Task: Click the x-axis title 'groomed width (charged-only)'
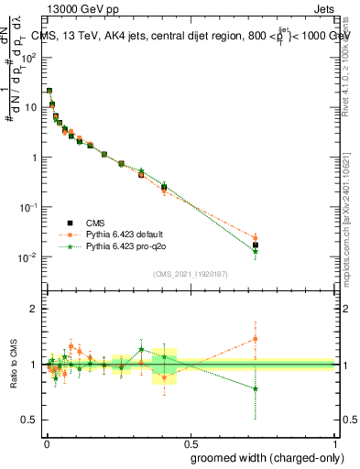coord(263,456)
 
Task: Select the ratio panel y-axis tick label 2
coord(34,309)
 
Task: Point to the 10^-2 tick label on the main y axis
coord(28,256)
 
